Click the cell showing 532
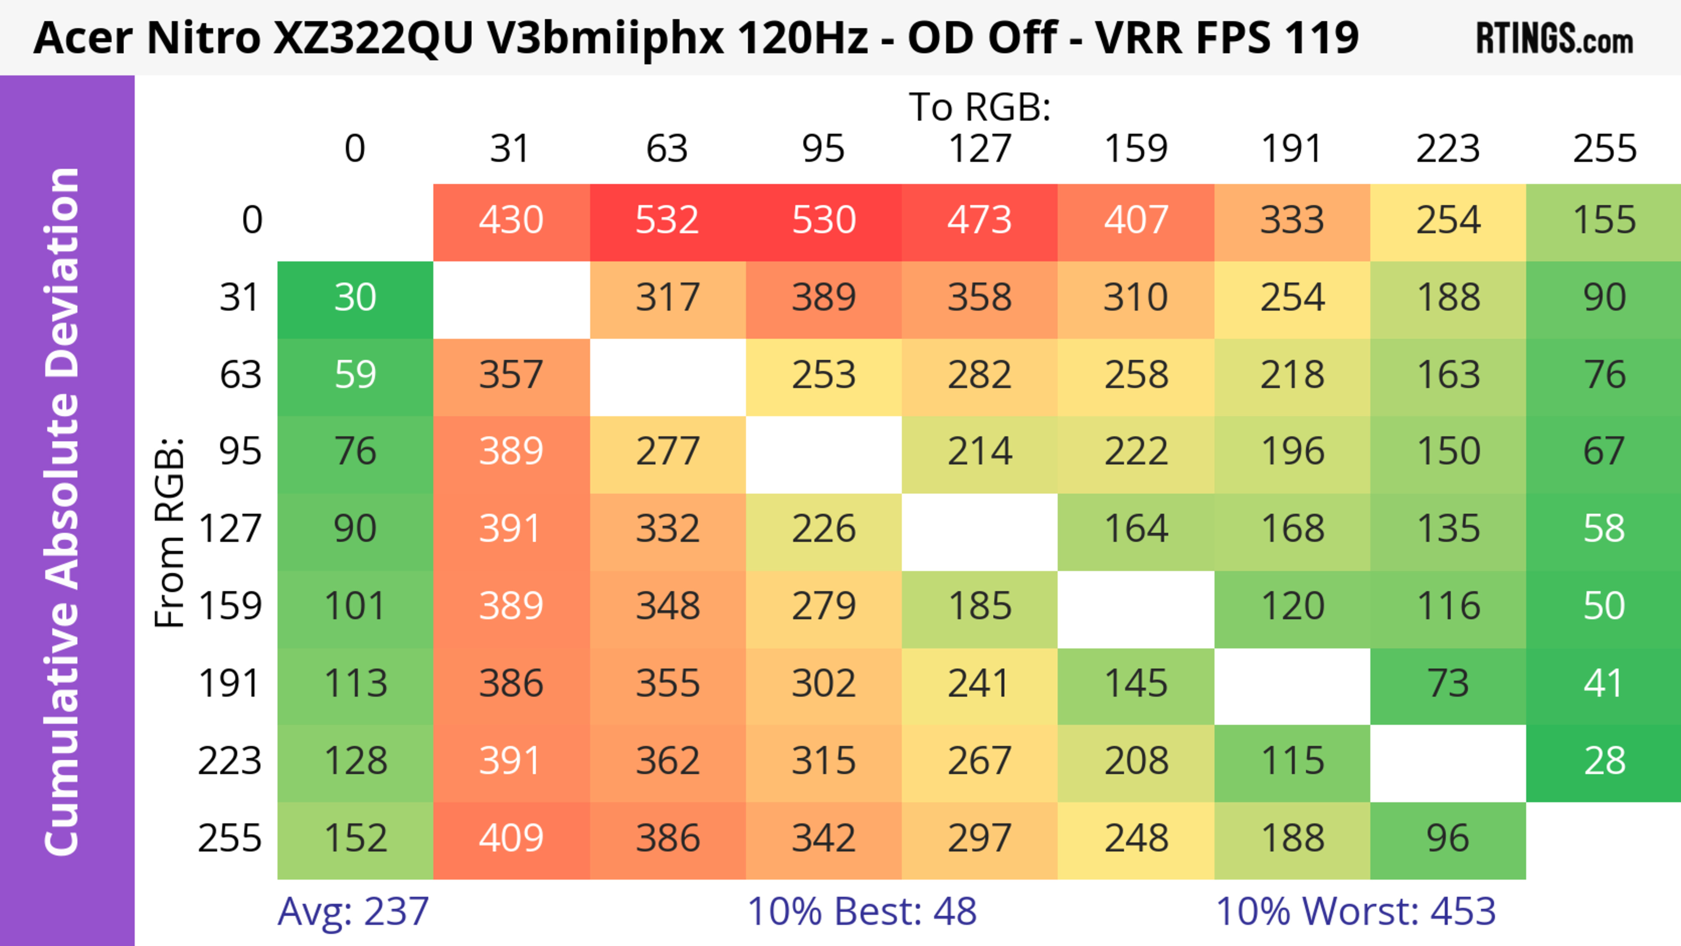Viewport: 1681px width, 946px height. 667,220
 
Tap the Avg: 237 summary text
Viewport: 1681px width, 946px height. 353,911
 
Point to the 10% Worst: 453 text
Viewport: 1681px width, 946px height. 1355,911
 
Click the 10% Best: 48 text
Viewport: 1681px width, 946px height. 862,911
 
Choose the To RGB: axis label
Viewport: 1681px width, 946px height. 980,107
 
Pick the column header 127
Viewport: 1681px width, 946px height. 980,149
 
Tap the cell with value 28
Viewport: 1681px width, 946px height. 1604,761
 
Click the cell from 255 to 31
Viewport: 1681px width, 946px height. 511,838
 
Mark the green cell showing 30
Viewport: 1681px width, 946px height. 355,298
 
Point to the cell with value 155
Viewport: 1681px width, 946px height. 1604,220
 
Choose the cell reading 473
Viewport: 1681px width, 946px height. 980,220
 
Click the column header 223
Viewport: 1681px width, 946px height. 1448,149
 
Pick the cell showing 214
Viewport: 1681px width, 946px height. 980,451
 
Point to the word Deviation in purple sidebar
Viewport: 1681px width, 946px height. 62,274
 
